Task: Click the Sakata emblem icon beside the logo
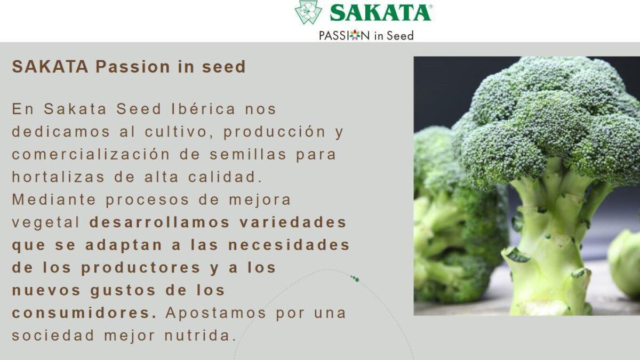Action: click(x=308, y=13)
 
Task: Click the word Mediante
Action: click(x=54, y=199)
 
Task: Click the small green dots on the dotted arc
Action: click(x=355, y=278)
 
